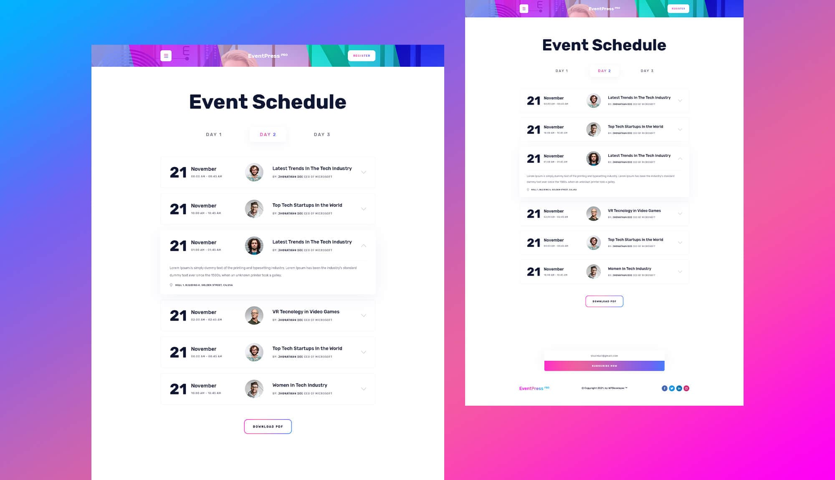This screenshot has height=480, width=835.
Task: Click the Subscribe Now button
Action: [x=604, y=366]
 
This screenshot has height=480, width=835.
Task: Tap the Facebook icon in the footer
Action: [x=664, y=388]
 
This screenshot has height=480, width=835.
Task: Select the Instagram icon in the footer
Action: [x=686, y=388]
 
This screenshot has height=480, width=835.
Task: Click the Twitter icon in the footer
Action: [x=672, y=388]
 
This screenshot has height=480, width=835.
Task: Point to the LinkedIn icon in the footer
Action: [x=679, y=388]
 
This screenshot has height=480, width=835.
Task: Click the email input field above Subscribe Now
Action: [x=604, y=356]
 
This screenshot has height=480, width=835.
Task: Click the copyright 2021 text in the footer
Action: [x=604, y=388]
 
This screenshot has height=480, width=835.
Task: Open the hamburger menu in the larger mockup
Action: [x=166, y=56]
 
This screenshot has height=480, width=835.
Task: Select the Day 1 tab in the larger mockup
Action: [x=214, y=134]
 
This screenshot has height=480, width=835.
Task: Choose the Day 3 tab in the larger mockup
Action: [x=322, y=134]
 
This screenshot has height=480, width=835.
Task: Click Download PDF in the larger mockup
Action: [x=268, y=426]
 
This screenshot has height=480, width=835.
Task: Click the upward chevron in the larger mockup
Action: [x=364, y=246]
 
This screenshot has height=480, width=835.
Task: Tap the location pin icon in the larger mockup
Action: [x=171, y=285]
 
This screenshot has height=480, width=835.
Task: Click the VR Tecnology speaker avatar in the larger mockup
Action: [x=254, y=316]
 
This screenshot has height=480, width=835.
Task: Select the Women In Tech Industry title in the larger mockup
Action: [x=300, y=385]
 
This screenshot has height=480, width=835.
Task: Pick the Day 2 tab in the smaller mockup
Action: [x=604, y=71]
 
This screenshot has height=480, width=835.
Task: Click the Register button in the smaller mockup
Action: [x=678, y=8]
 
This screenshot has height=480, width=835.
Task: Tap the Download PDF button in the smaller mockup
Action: [x=604, y=301]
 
